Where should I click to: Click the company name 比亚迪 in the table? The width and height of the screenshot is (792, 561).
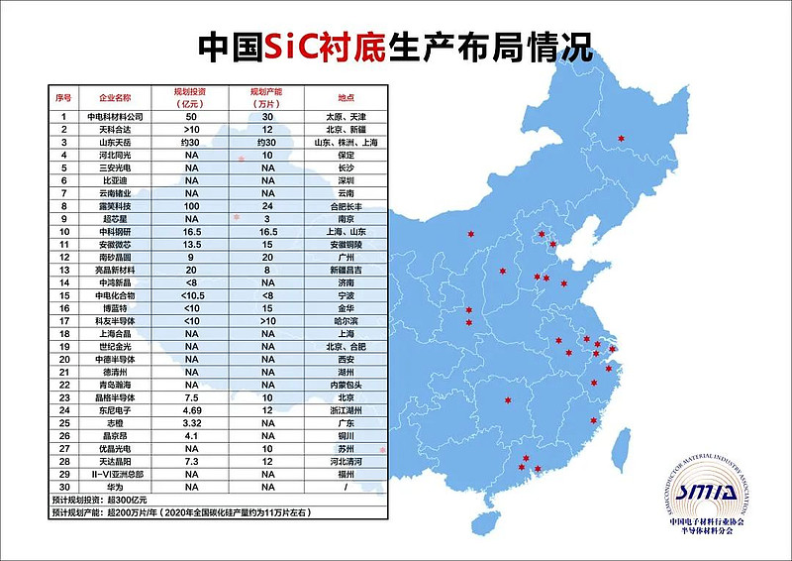pyautogui.click(x=115, y=180)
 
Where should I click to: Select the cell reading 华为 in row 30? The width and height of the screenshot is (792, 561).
pyautogui.click(x=115, y=488)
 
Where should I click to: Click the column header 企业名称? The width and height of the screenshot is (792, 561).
pyautogui.click(x=115, y=96)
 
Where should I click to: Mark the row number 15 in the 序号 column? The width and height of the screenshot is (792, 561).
pyautogui.click(x=62, y=295)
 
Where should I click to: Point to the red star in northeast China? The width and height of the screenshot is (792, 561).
pyautogui.click(x=622, y=138)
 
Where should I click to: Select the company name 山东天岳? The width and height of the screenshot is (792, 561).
pyautogui.click(x=115, y=142)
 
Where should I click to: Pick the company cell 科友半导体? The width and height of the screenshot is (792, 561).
pyautogui.click(x=115, y=321)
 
